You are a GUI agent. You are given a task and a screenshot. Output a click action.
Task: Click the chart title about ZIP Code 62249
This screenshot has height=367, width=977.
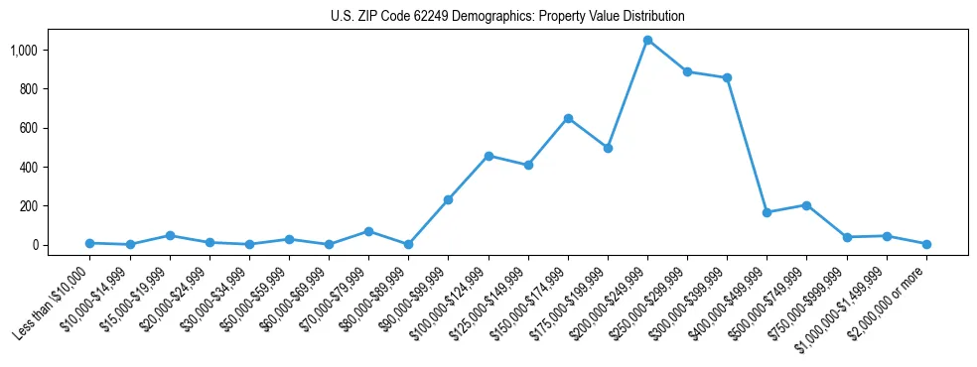coord(507,17)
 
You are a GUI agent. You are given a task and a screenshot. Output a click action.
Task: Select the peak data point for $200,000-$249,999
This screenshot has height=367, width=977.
coord(647,41)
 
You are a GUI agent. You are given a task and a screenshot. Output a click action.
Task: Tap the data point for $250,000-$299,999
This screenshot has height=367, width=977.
coord(687,71)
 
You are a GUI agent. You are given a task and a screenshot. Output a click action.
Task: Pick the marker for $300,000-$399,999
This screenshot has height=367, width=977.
coord(728,77)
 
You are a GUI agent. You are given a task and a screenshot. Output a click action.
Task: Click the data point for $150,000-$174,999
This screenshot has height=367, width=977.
coord(568,118)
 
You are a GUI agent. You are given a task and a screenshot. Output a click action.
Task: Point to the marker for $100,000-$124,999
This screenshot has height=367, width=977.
coord(488,156)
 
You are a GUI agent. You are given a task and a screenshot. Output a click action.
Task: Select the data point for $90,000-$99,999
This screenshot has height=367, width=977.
coord(449,199)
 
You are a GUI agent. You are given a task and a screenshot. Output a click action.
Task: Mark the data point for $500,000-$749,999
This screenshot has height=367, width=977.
coord(807,205)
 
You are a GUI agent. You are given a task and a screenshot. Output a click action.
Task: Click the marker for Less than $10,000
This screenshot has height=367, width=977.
coord(89,243)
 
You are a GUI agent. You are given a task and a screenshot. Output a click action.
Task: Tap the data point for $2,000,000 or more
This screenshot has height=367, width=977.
coord(926,244)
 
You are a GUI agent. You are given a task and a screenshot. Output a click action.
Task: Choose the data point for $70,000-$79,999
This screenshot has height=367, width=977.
coord(368,231)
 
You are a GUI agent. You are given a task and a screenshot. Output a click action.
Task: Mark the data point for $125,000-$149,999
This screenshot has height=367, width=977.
coord(528,165)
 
